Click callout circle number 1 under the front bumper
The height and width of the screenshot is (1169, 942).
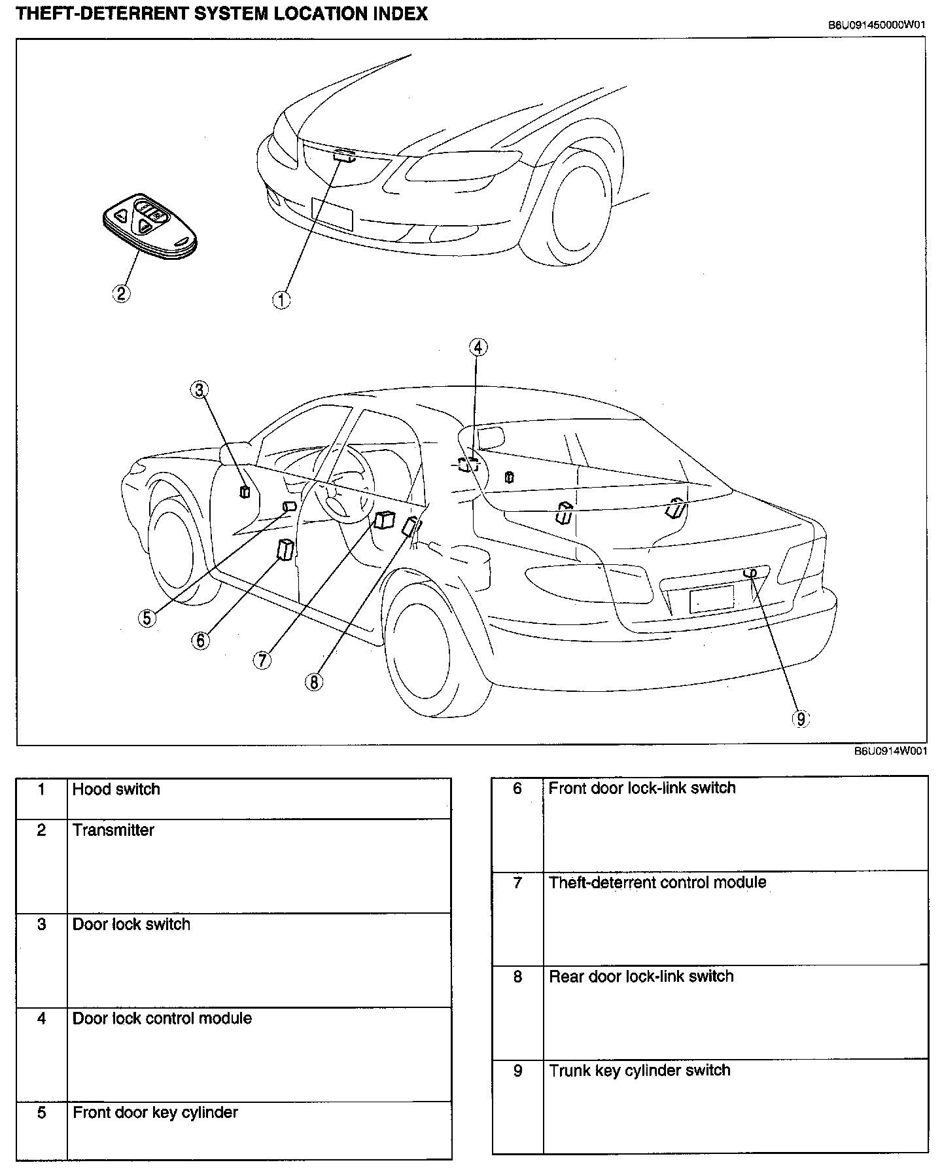(x=281, y=300)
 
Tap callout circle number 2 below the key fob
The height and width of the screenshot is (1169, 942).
(x=121, y=293)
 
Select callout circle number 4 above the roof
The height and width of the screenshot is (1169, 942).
(x=478, y=347)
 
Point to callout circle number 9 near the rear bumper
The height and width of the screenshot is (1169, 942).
(x=800, y=719)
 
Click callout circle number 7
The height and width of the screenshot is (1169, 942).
(x=262, y=660)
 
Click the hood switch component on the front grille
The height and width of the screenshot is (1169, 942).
(x=344, y=156)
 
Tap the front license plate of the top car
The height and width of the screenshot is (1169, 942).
(x=333, y=213)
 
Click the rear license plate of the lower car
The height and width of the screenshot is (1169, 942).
(x=712, y=598)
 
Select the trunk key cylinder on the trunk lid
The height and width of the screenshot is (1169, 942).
(x=750, y=573)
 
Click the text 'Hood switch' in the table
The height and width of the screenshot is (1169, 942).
(x=116, y=789)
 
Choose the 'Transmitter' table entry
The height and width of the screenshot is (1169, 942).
(x=113, y=830)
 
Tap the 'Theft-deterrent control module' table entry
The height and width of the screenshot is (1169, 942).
(x=657, y=882)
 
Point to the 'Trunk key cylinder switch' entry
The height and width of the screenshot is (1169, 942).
(x=639, y=1070)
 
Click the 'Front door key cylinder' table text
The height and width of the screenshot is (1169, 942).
(x=155, y=1112)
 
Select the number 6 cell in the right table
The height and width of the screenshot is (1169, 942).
(x=517, y=789)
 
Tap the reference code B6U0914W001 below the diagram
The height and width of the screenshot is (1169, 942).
(x=890, y=751)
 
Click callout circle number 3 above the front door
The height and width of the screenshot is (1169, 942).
(x=199, y=390)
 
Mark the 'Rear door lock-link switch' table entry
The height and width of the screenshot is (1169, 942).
(x=641, y=977)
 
